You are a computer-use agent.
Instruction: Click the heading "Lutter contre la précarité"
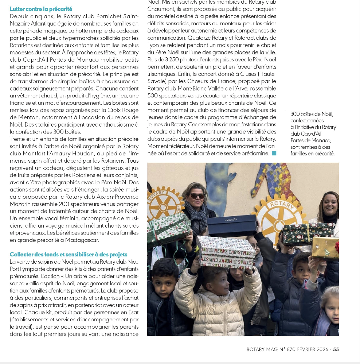pyautogui.click(x=41, y=9)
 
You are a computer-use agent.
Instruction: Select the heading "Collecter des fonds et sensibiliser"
pyautogui.click(x=69, y=254)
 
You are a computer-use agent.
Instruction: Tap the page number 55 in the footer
pyautogui.click(x=336, y=349)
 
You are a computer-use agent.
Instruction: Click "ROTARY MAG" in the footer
pyautogui.click(x=261, y=349)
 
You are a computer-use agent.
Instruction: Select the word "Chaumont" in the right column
pyautogui.click(x=159, y=9)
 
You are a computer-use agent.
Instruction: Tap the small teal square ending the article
pyautogui.click(x=274, y=153)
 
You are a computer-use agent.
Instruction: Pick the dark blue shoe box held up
pyautogui.click(x=232, y=225)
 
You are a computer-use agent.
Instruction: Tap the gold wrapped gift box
pyautogui.click(x=325, y=248)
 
